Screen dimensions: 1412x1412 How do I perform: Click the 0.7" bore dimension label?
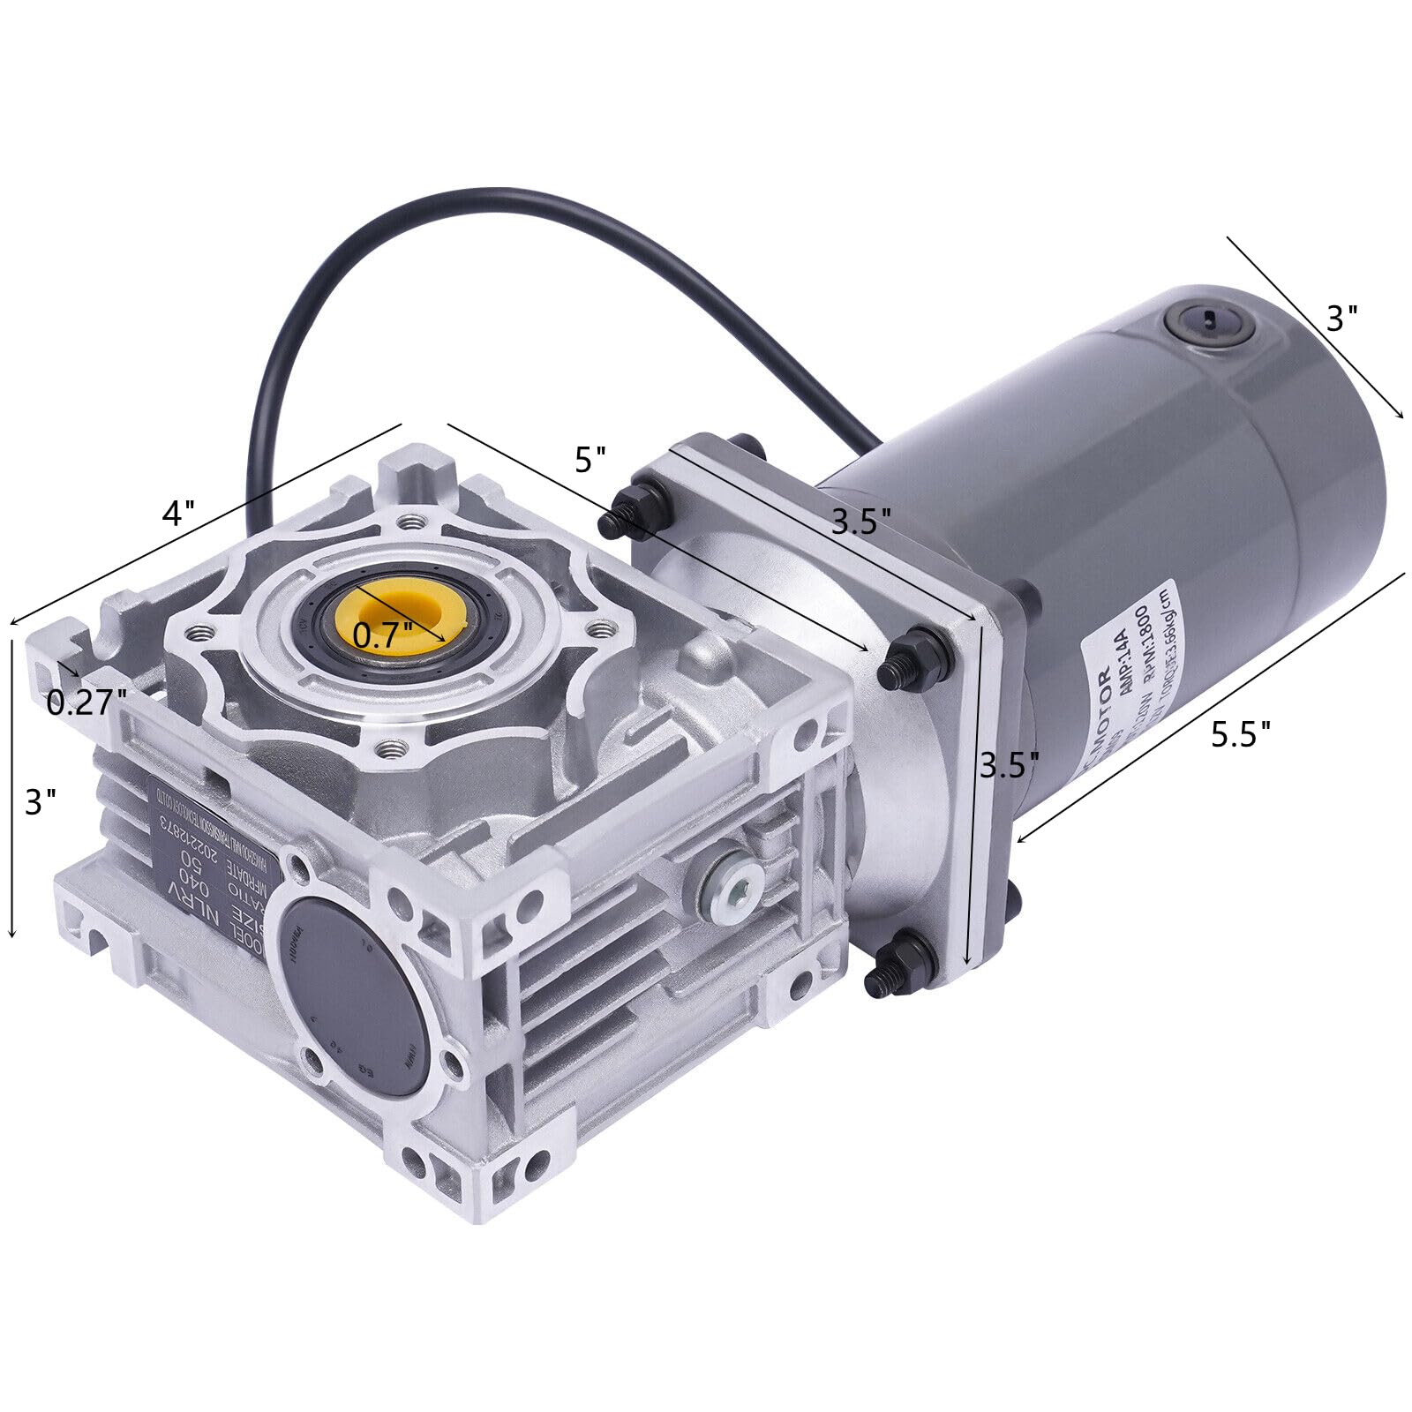click(x=382, y=633)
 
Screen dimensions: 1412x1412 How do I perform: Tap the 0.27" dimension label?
click(x=86, y=702)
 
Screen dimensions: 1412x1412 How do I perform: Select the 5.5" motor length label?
click(x=1240, y=733)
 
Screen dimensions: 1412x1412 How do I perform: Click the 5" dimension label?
click(x=590, y=460)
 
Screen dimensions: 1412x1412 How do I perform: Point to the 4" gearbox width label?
click(x=177, y=513)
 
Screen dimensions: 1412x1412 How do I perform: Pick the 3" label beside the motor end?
click(x=1341, y=319)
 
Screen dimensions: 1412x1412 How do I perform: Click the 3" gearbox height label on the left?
click(x=41, y=801)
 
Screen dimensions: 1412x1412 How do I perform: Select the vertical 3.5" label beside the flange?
click(x=1010, y=764)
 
